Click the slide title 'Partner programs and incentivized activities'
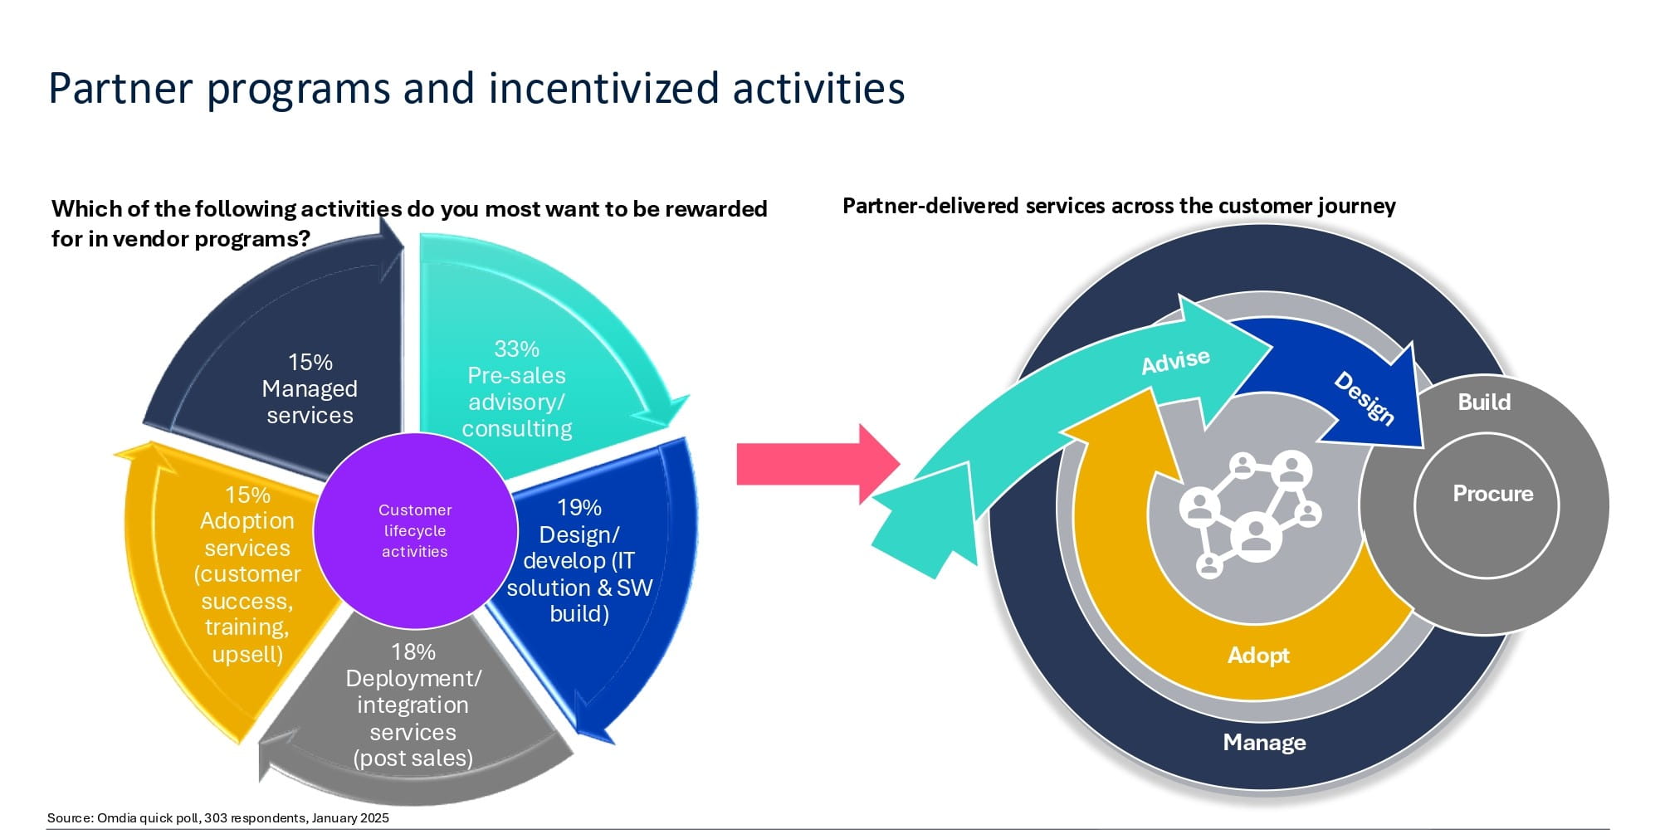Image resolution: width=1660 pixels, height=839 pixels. [x=476, y=88]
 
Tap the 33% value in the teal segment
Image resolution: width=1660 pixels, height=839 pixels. [x=516, y=349]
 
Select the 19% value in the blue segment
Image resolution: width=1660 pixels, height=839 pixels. [x=579, y=508]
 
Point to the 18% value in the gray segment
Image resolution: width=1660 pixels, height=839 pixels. [x=413, y=652]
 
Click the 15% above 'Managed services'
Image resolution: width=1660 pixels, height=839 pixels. [x=310, y=363]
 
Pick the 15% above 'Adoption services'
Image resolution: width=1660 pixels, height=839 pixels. [x=247, y=495]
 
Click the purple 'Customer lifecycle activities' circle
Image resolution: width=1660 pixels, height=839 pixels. [x=415, y=531]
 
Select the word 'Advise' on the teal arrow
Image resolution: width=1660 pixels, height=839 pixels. [x=1175, y=361]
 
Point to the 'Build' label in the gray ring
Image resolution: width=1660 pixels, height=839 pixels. [x=1484, y=402]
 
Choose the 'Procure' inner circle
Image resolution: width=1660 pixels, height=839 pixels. [x=1492, y=494]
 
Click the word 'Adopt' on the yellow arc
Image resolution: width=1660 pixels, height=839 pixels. [x=1258, y=656]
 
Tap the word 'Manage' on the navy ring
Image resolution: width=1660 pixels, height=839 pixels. [x=1264, y=743]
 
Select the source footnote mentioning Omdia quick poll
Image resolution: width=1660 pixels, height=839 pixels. [x=218, y=818]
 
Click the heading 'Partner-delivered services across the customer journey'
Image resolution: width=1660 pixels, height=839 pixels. [x=1119, y=206]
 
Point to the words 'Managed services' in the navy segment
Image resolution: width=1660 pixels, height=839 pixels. [x=310, y=402]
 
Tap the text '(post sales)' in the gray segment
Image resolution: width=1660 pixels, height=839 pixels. [x=413, y=759]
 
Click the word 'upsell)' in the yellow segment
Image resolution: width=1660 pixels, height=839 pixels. [x=247, y=655]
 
